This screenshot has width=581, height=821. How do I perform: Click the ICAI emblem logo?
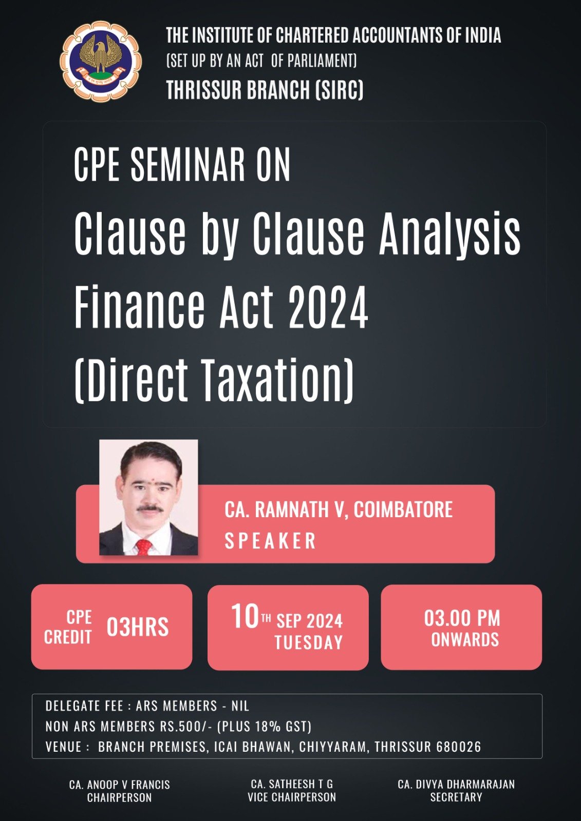click(101, 61)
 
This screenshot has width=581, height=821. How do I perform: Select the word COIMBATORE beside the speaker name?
click(403, 510)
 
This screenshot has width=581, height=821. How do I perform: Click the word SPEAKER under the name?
click(270, 541)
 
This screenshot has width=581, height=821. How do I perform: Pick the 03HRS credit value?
click(138, 627)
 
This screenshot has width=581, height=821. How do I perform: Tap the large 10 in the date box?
click(246, 616)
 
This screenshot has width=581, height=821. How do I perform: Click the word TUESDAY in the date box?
click(309, 642)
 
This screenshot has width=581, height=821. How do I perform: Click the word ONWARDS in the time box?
click(465, 639)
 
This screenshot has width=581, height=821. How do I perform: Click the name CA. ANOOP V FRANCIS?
click(120, 785)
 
